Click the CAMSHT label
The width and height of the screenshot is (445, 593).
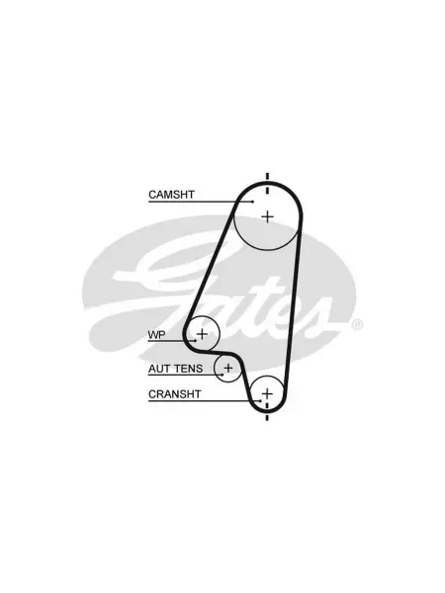(x=171, y=195)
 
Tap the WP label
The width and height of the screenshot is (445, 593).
(x=156, y=335)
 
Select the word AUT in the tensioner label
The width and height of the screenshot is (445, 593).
(x=159, y=369)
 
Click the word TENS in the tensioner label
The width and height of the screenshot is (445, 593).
(x=188, y=369)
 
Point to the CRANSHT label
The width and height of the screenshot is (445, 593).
(x=174, y=394)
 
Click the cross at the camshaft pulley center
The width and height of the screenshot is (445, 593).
(x=268, y=216)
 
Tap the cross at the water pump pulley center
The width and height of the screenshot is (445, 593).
(x=203, y=334)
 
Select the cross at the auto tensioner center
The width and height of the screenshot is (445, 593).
(x=228, y=368)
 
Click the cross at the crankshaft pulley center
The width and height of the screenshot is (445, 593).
(x=267, y=393)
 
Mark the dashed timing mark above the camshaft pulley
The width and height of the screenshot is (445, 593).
(x=268, y=184)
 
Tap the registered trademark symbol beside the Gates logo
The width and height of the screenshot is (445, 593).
(x=358, y=325)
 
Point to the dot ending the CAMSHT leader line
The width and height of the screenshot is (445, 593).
(x=253, y=202)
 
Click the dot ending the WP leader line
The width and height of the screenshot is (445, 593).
(x=195, y=341)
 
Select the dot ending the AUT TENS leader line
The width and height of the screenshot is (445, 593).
(x=222, y=375)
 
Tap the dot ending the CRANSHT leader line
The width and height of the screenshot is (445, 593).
(x=261, y=401)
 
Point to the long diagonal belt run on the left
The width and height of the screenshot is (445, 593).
(x=210, y=266)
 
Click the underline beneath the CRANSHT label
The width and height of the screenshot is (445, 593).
(x=205, y=401)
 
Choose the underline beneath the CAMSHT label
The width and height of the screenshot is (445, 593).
(x=201, y=202)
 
